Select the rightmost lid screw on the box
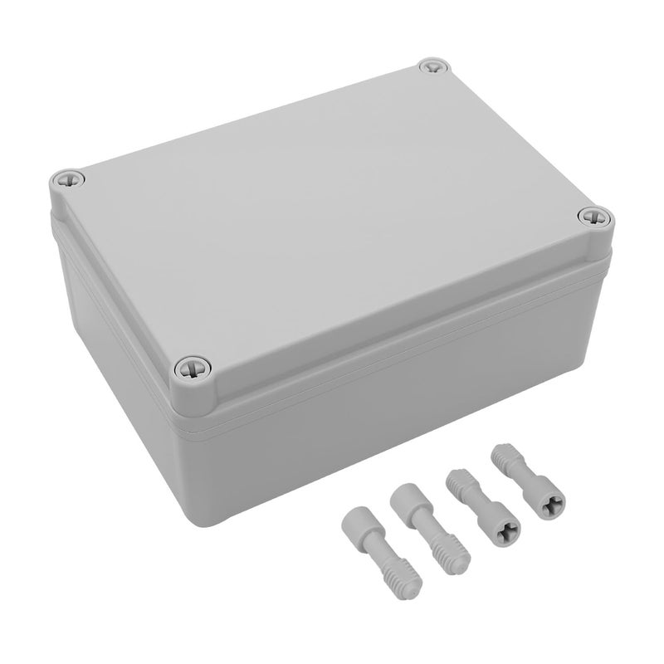(x=593, y=217)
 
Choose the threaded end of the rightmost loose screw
(x=503, y=457)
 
